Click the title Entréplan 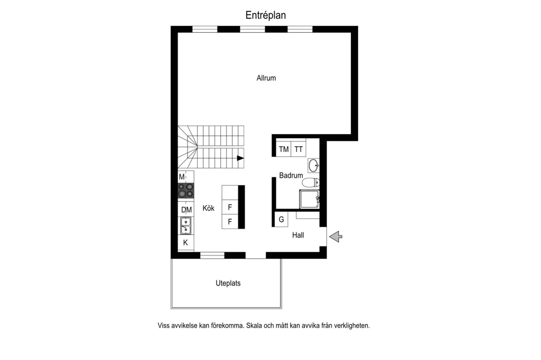[x=266, y=15]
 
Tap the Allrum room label [x=266, y=78]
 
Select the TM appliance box [x=284, y=149]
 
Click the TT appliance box [x=299, y=149]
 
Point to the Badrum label [x=291, y=175]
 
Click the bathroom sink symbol [x=314, y=166]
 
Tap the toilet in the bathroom [x=311, y=182]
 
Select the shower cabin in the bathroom [x=310, y=199]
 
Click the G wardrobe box [x=281, y=219]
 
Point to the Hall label [x=298, y=235]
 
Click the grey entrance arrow [x=335, y=236]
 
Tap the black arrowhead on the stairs [x=240, y=158]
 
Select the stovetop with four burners [x=185, y=191]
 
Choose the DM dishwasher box [x=186, y=210]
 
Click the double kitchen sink [x=186, y=225]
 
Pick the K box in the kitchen [x=185, y=242]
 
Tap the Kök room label [x=208, y=208]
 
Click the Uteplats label [x=228, y=283]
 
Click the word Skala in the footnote [x=254, y=326]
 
